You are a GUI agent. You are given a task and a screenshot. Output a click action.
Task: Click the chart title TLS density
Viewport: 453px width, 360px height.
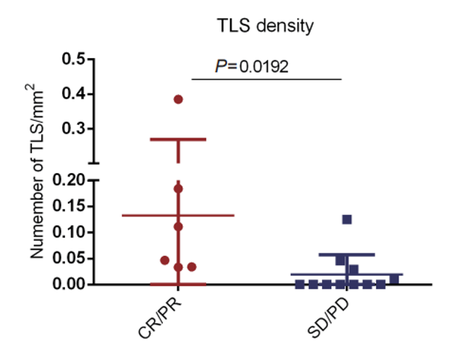[266, 27]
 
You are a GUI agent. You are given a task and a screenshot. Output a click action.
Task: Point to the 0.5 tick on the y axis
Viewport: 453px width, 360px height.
[75, 59]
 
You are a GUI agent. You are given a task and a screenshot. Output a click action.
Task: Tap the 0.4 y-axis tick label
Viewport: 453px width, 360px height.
[75, 93]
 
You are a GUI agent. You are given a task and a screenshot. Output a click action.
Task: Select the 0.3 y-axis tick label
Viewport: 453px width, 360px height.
[75, 128]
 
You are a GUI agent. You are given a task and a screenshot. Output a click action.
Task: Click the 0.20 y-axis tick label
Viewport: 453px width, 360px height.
[70, 180]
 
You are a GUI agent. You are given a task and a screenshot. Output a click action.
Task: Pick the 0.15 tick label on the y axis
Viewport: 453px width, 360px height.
[70, 206]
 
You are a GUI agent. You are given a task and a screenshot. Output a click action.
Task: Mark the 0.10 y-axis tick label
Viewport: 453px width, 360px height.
[70, 233]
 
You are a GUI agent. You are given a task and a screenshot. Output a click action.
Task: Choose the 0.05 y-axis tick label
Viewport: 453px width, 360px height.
[70, 259]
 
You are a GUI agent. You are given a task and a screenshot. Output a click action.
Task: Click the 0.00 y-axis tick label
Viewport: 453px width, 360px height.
[70, 285]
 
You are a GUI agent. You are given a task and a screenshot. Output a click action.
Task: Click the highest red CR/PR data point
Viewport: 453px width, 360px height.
[179, 99]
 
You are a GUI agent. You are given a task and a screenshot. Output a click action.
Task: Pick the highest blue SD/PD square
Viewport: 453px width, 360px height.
[347, 219]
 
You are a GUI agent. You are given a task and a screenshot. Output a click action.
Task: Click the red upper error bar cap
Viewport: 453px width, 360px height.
[179, 139]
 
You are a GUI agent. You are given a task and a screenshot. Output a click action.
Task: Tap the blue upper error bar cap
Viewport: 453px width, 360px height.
[347, 254]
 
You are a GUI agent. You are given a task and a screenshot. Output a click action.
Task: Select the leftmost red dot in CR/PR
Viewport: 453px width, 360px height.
[165, 260]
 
